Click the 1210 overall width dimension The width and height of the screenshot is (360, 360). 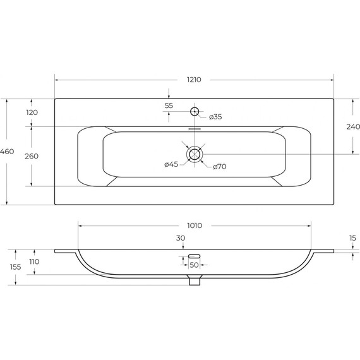194,80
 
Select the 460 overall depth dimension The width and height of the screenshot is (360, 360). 7,152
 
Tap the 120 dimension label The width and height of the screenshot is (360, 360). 32,112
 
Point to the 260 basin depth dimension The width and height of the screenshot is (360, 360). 32,156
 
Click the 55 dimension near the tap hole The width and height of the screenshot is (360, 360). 169,105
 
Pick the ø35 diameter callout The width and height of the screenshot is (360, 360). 215,117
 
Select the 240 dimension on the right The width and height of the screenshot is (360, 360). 353,126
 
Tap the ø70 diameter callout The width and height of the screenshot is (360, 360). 220,167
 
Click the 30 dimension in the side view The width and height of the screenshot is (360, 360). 181,239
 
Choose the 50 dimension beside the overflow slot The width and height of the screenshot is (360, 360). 195,265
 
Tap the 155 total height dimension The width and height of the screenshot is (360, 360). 16,267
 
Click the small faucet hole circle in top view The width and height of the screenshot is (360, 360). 195,112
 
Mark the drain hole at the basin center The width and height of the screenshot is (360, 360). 195,153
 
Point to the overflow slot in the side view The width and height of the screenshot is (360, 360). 194,255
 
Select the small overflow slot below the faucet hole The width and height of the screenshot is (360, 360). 195,126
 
